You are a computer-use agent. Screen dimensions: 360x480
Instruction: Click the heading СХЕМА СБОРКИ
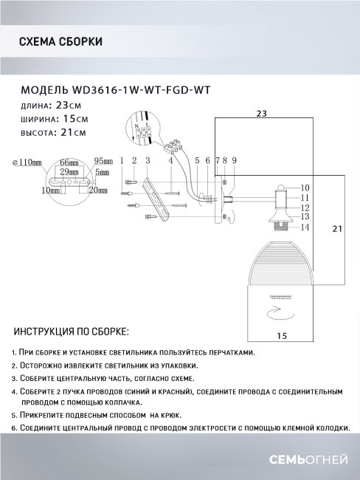(x=59, y=42)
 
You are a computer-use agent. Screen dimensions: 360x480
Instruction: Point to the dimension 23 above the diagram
(x=261, y=114)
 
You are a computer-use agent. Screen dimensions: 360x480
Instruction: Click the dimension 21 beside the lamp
(x=336, y=230)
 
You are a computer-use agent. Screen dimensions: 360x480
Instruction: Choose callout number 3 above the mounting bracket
(x=148, y=160)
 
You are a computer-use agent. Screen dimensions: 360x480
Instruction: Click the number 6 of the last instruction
(x=15, y=429)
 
